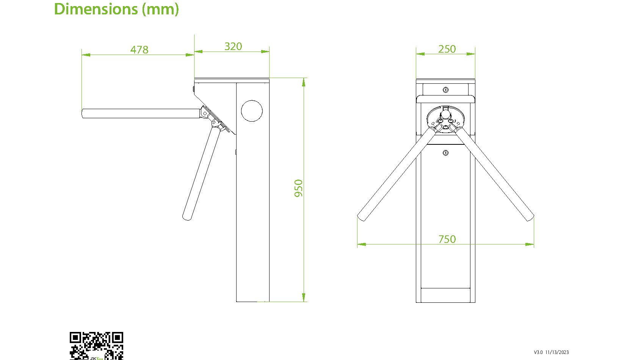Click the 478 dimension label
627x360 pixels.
[x=139, y=50]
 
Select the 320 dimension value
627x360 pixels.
[x=233, y=47]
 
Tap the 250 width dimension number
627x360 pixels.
[x=447, y=49]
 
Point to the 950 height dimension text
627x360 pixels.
[x=299, y=188]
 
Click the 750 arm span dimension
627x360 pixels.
[x=447, y=239]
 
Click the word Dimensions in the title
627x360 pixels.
[x=96, y=9]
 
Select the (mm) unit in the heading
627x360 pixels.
[x=160, y=9]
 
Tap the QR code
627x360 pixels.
[x=96, y=346]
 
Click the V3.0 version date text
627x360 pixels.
[x=551, y=352]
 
